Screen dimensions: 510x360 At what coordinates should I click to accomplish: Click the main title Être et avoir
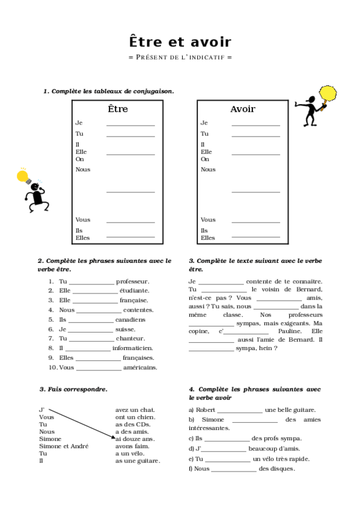[180, 42]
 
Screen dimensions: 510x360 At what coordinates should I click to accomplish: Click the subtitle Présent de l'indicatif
[180, 57]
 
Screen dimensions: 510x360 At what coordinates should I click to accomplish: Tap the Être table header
[118, 109]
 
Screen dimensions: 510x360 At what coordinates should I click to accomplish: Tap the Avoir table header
[243, 109]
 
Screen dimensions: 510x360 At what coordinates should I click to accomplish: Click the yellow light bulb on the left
[23, 177]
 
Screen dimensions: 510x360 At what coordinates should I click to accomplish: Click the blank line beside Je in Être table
[130, 124]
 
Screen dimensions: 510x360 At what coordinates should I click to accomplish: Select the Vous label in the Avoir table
[208, 220]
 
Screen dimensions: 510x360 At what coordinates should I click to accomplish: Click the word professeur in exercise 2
[133, 281]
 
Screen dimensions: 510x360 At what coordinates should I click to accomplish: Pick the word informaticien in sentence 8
[132, 348]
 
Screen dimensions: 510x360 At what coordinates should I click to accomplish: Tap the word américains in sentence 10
[140, 367]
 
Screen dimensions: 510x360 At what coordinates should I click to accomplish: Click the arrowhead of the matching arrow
[113, 438]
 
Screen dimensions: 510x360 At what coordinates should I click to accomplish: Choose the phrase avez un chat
[135, 410]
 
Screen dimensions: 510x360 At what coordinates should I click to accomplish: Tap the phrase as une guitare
[138, 461]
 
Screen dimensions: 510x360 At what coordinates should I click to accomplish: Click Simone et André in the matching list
[64, 446]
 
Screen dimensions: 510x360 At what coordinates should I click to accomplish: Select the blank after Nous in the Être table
[130, 191]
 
